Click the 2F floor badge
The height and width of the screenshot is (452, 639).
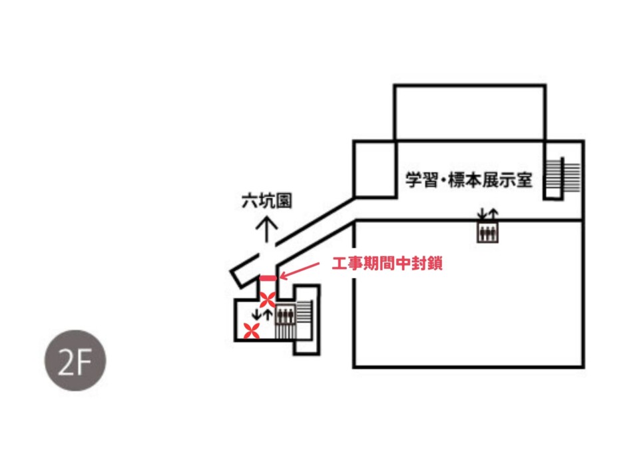pos(75,360)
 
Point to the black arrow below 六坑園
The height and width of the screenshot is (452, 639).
pos(267,230)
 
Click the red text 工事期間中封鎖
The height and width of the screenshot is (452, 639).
pos(387,264)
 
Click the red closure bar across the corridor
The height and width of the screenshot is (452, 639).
pos(268,278)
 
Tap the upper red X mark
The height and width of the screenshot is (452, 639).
pos(268,300)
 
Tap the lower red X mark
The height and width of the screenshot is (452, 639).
pos(252,330)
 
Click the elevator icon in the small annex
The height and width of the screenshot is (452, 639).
pos(285,314)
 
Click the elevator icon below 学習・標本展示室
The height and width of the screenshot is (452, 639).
pos(488,233)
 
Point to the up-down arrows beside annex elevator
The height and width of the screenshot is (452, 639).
pos(262,314)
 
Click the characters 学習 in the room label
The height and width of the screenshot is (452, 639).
pos(421,180)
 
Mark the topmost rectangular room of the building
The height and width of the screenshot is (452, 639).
pos(470,112)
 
